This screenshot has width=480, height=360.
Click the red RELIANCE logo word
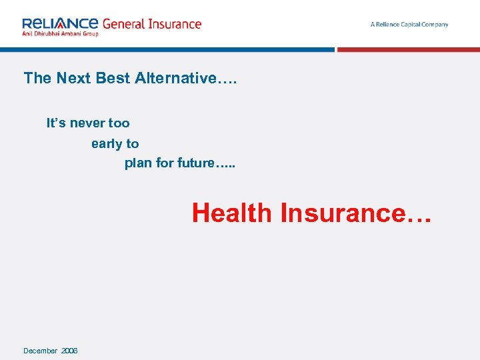pyautogui.click(x=60, y=23)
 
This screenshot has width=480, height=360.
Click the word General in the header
pyautogui.click(x=125, y=24)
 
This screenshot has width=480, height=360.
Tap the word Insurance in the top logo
pyautogui.click(x=175, y=24)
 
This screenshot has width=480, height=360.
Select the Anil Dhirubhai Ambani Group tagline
pyautogui.click(x=60, y=33)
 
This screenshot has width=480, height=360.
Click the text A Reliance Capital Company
pyautogui.click(x=409, y=25)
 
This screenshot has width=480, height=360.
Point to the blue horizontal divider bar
pyautogui.click(x=167, y=49)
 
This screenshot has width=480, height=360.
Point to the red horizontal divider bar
pyautogui.click(x=408, y=49)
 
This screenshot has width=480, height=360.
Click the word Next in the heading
pyautogui.click(x=74, y=78)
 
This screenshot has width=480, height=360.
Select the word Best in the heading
pyautogui.click(x=113, y=78)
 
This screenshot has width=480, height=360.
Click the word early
pyautogui.click(x=107, y=144)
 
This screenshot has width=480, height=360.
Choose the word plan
pyautogui.click(x=138, y=163)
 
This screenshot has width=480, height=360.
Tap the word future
pyautogui.click(x=195, y=163)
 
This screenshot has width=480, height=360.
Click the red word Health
pyautogui.click(x=232, y=213)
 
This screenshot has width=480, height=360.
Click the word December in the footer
pyautogui.click(x=40, y=351)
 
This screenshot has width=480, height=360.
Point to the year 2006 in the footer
pyautogui.click(x=69, y=351)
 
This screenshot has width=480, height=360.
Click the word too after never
pyautogui.click(x=119, y=123)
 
